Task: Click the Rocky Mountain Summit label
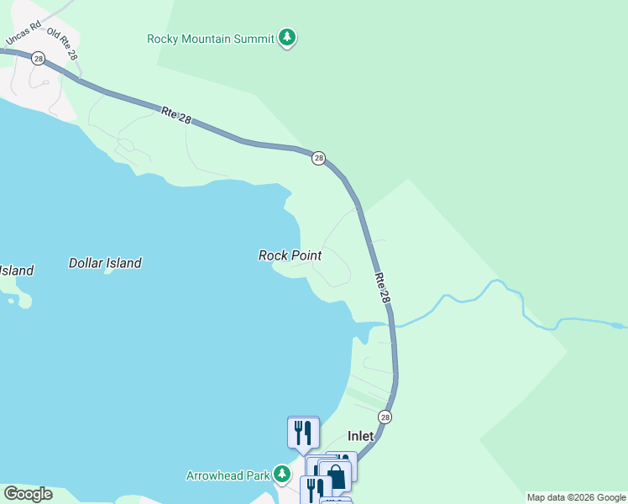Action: click(211, 38)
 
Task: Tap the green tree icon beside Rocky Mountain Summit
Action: click(287, 37)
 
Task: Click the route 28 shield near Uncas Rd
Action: click(38, 59)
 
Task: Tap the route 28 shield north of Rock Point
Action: click(318, 158)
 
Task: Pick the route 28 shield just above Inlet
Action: click(385, 417)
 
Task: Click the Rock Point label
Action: click(290, 255)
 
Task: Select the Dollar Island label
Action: click(105, 263)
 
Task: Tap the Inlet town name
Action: click(360, 437)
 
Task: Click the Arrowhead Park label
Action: click(228, 475)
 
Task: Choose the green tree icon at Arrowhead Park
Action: click(284, 475)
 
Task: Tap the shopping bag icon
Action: click(336, 475)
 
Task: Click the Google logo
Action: click(28, 494)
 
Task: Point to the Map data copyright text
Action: click(575, 497)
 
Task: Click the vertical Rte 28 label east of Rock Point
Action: click(383, 287)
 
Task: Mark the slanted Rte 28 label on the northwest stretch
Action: click(175, 116)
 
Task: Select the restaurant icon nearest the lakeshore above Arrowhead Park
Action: click(303, 433)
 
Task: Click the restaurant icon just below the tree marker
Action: click(315, 489)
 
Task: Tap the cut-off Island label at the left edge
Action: click(16, 270)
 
